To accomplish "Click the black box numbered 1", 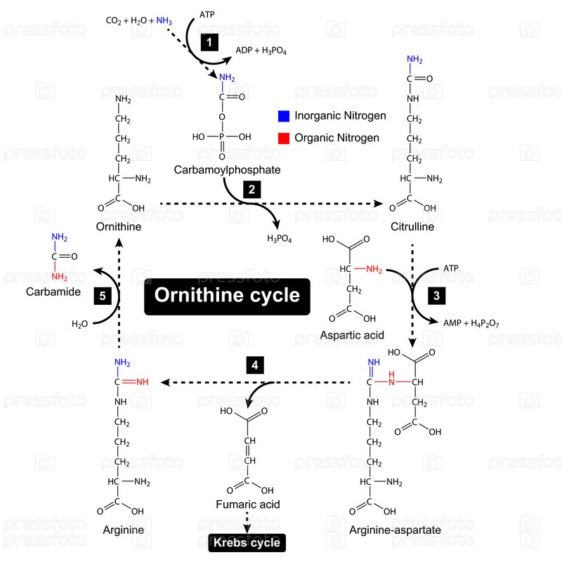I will (x=209, y=43).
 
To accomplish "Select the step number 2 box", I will (x=251, y=189).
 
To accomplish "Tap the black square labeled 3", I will (x=436, y=296).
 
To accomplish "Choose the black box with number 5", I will (x=103, y=296).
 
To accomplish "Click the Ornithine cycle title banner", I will (x=227, y=295).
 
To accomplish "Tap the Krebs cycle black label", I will (x=247, y=542).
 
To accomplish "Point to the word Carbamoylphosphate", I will (x=227, y=170).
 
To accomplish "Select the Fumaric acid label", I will (x=247, y=504).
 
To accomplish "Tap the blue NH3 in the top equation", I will (x=164, y=20).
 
